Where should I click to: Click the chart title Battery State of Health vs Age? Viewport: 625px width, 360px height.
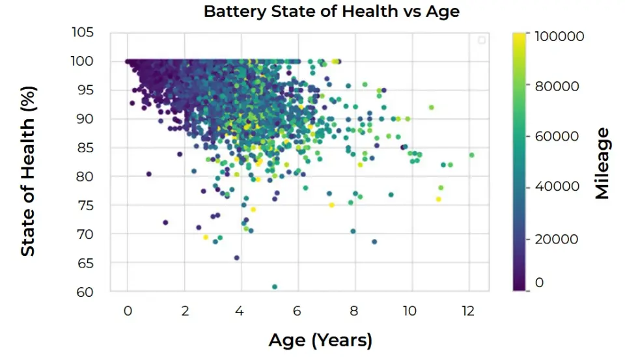(331, 12)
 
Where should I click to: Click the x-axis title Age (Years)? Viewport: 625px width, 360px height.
(320, 340)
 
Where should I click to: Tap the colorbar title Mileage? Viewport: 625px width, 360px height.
(602, 163)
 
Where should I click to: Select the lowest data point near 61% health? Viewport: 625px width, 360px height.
(275, 286)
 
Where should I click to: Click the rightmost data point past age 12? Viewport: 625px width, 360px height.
(471, 155)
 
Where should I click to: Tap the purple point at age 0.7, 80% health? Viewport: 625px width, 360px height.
(148, 174)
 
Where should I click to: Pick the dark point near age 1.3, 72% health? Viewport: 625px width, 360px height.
(165, 223)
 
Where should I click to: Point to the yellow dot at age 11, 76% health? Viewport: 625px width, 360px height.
(438, 199)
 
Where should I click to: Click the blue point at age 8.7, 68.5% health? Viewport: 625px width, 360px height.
(374, 242)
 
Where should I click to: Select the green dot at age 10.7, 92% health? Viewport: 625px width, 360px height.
(431, 107)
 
